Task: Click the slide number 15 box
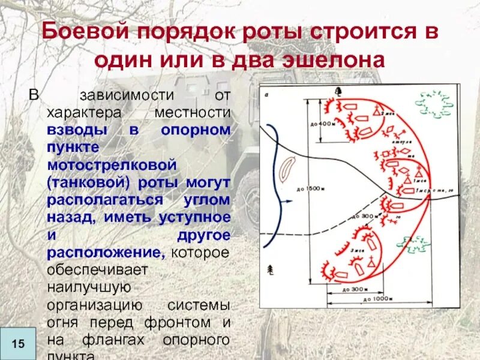17,344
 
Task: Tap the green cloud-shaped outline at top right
436,104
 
